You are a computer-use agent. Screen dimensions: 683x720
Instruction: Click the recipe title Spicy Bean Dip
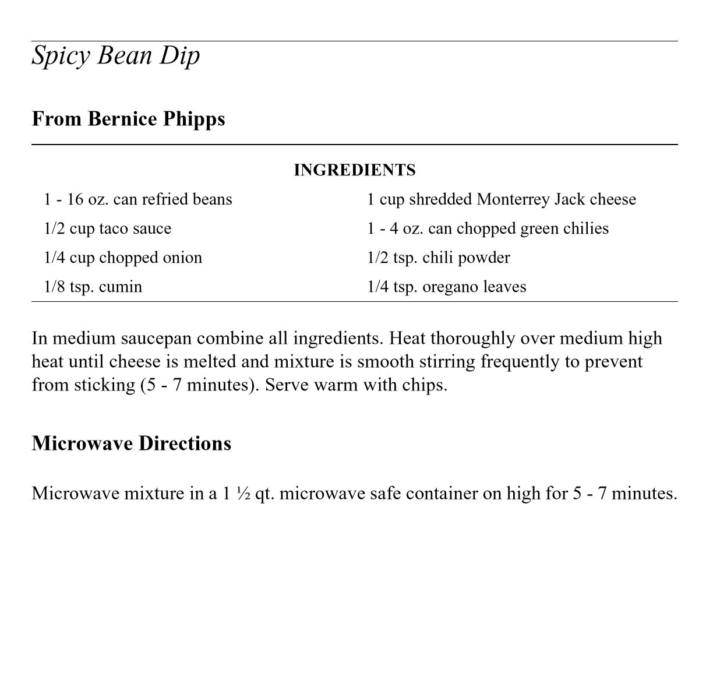pyautogui.click(x=115, y=56)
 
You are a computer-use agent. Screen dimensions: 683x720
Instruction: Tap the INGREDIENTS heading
pyautogui.click(x=354, y=170)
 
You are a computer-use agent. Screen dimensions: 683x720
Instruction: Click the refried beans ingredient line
pyautogui.click(x=138, y=199)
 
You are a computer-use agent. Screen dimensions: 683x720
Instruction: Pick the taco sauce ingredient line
pyautogui.click(x=108, y=228)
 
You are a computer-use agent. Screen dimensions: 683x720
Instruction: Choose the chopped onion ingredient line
pyautogui.click(x=123, y=258)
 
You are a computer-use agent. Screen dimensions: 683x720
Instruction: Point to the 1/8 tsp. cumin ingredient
pyautogui.click(x=93, y=287)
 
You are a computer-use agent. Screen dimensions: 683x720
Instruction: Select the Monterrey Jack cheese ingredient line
pyautogui.click(x=501, y=199)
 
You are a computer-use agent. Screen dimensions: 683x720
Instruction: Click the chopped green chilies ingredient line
pyautogui.click(x=488, y=228)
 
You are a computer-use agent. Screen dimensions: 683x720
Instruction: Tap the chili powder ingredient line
pyautogui.click(x=438, y=258)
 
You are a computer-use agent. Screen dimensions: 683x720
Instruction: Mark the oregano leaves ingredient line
pyautogui.click(x=446, y=287)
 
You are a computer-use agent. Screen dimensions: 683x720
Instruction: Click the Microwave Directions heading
pyautogui.click(x=131, y=443)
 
